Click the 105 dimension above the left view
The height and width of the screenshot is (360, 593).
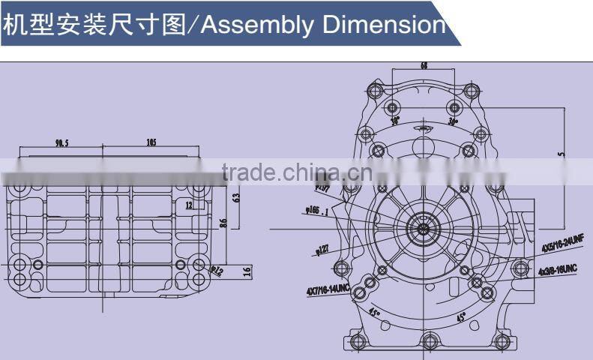pos(151,143)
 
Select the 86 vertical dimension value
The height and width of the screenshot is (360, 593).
pos(223,222)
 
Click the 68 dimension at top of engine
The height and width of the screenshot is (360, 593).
pos(424,67)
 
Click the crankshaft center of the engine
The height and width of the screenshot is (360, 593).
pos(424,228)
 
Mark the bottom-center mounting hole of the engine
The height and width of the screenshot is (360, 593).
pos(429,343)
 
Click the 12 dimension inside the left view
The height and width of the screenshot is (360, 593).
pos(189,204)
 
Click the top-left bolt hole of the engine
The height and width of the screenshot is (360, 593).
pos(376,91)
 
